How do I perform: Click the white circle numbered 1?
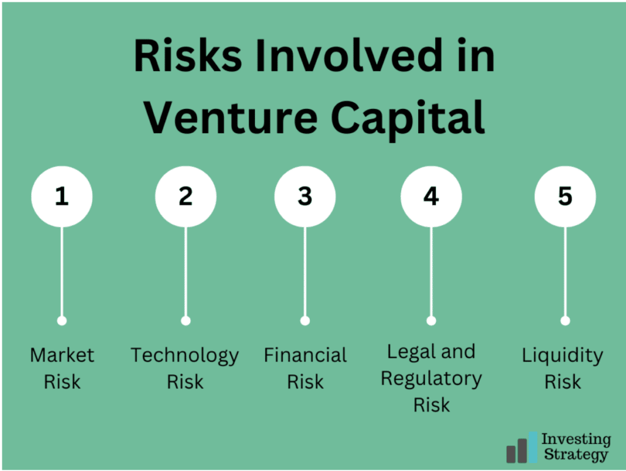(62, 196)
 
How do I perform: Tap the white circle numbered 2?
(186, 196)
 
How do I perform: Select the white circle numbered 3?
(305, 196)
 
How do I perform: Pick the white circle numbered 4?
(431, 196)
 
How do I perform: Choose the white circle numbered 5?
(565, 196)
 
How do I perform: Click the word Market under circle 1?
(62, 355)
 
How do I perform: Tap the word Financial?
(306, 355)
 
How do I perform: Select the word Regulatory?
(431, 379)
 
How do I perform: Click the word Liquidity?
(562, 356)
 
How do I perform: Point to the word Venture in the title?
(230, 117)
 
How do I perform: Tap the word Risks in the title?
(188, 55)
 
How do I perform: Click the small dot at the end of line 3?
(305, 321)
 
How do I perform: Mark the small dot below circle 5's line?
(565, 321)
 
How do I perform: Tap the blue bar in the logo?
(533, 447)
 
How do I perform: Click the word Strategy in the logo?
(576, 455)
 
